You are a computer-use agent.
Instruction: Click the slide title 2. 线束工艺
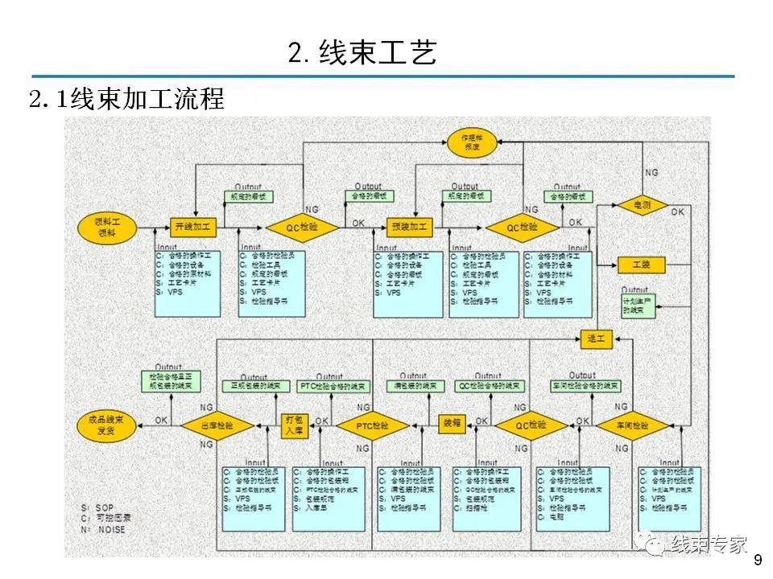(x=362, y=53)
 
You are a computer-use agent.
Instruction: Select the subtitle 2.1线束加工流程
(x=126, y=100)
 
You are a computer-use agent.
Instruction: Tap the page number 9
(x=755, y=560)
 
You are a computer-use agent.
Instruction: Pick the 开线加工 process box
(x=194, y=228)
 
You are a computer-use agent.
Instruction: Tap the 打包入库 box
(x=294, y=425)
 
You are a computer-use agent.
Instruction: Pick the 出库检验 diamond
(x=217, y=425)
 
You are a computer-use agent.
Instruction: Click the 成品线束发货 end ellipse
(x=107, y=425)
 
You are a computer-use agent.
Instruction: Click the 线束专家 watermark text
(x=709, y=544)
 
